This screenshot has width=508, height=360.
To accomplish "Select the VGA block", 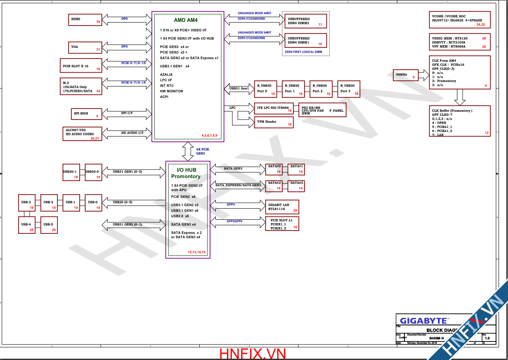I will pyautogui.click(x=85, y=47).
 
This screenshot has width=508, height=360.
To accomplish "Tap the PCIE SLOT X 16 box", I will pyautogui.click(x=81, y=66).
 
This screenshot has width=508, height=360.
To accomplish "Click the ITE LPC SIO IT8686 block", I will pyautogui.click(x=273, y=108).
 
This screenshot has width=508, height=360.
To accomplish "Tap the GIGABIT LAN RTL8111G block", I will pyautogui.click(x=282, y=207).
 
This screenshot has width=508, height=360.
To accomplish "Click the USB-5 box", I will pyautogui.click(x=49, y=225).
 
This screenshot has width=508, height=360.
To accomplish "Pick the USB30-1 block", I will pyautogui.click(x=71, y=172).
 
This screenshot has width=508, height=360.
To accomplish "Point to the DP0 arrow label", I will pyautogui.click(x=124, y=19).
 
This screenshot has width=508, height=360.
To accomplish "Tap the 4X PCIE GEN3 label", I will pyautogui.click(x=202, y=151).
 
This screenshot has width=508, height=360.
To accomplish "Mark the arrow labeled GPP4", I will pyautogui.click(x=237, y=205).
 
